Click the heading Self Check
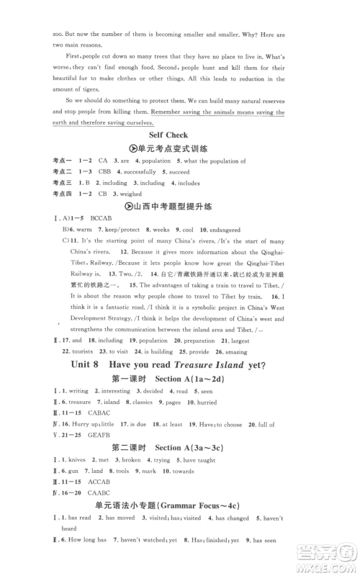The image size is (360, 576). point(168,135)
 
